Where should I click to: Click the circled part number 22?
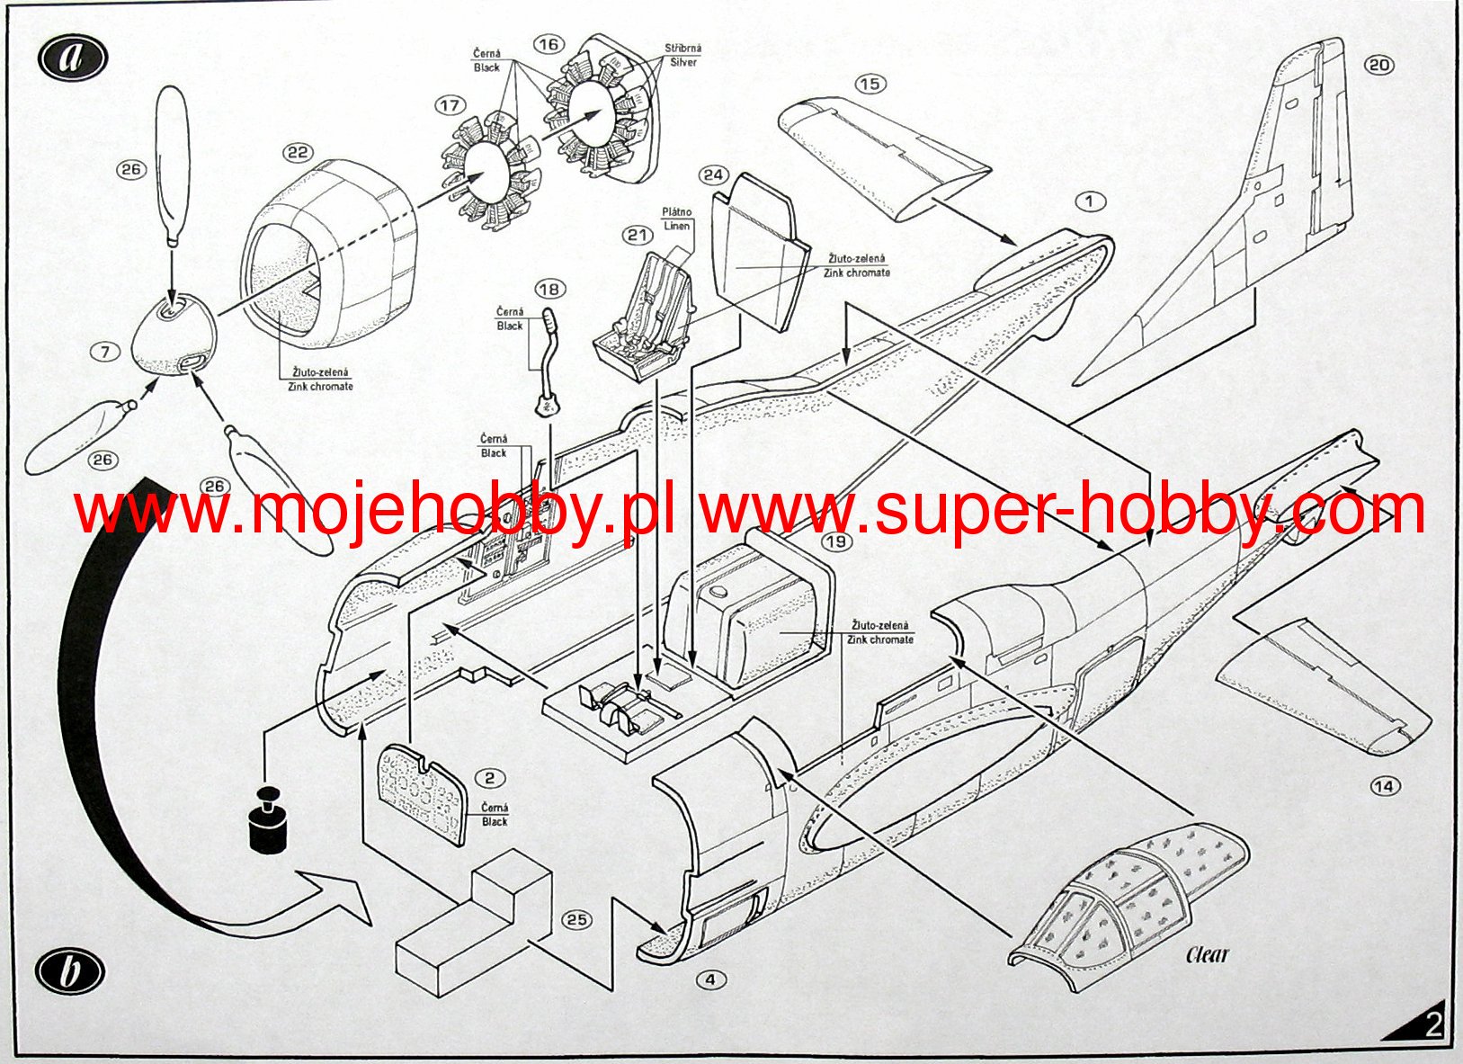pos(298,153)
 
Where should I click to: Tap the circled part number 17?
pos(450,106)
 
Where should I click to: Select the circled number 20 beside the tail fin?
pos(1378,65)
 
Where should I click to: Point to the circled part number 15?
pos(870,84)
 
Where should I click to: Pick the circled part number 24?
pos(713,174)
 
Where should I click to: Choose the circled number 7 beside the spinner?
pos(105,352)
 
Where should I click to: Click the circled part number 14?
pos(1385,787)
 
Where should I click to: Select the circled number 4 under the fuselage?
pos(710,979)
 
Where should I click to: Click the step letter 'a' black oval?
pos(73,58)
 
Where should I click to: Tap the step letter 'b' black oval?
pos(70,973)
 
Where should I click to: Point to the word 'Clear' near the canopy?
pos(1207,955)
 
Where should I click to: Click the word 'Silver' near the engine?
pos(683,62)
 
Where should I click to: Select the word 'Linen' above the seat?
pos(677,226)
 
